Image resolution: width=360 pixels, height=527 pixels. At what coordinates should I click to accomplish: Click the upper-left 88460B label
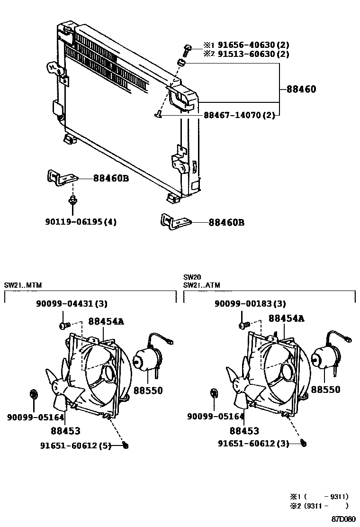(111, 178)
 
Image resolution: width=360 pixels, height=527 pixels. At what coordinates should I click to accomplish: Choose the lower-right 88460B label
(226, 222)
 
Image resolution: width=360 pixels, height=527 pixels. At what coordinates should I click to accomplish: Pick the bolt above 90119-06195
(72, 200)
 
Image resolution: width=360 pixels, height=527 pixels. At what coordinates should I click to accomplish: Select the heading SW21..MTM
(23, 285)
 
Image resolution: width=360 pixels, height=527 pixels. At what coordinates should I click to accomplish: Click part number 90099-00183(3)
(250, 304)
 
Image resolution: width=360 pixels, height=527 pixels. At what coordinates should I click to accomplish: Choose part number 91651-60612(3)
(253, 444)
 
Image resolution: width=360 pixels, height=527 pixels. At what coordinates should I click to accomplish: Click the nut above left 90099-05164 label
(34, 393)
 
